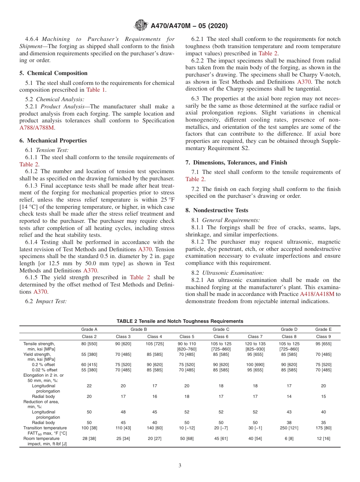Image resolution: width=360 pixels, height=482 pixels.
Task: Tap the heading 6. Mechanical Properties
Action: pyautogui.click(x=53, y=141)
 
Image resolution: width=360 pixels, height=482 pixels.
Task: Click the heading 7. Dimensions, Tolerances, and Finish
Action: pyautogui.click(x=236, y=163)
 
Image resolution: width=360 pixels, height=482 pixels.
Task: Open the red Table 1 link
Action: pyautogui.click(x=96, y=90)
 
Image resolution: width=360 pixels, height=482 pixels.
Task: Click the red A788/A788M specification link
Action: pyautogui.click(x=37, y=128)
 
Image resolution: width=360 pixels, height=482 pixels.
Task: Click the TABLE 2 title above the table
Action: pyautogui.click(x=180, y=321)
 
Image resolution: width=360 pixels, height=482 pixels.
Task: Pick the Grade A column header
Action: pyautogui.click(x=89, y=329)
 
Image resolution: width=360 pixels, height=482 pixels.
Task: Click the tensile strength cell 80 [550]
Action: pyautogui.click(x=89, y=344)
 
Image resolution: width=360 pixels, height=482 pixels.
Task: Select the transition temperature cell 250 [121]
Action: pyautogui.click(x=289, y=428)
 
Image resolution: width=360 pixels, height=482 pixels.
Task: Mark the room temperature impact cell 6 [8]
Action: pyautogui.click(x=289, y=438)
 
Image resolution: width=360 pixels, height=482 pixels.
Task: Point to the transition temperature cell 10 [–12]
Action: pyautogui.click(x=187, y=428)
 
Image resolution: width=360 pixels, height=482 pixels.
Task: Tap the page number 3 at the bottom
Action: pyautogui.click(x=180, y=466)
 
